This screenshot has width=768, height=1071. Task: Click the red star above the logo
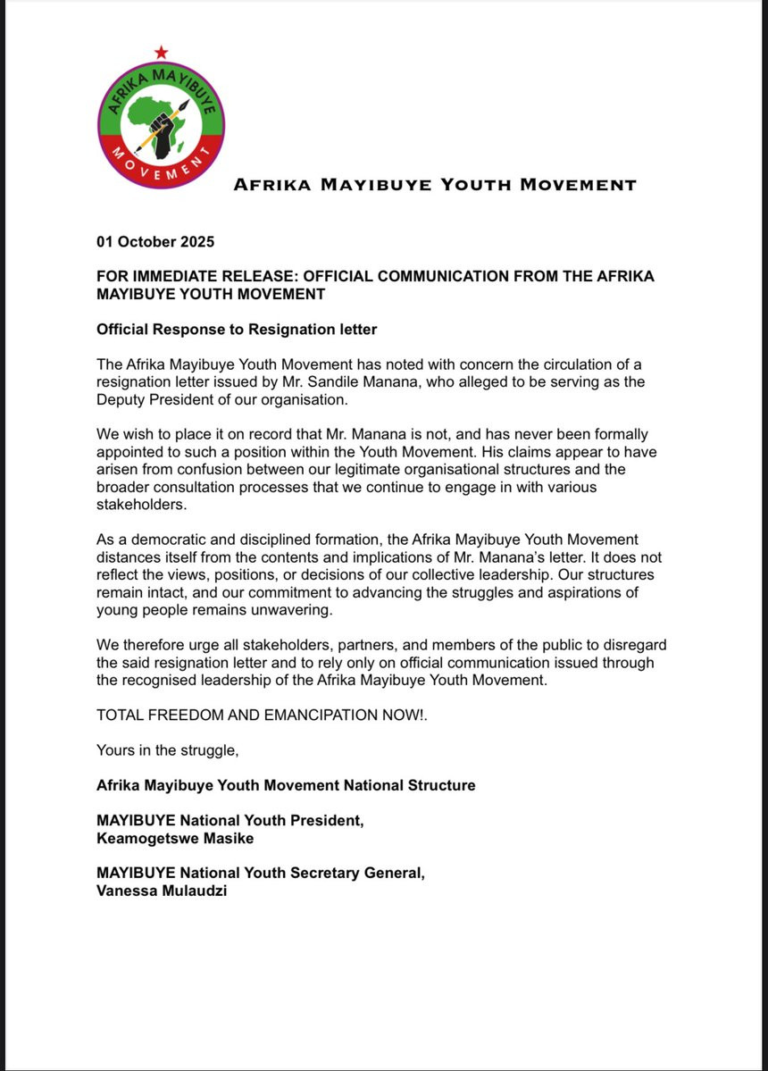[161, 52]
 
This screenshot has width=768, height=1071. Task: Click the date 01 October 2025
[155, 242]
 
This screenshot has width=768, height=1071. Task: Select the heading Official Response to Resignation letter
[237, 330]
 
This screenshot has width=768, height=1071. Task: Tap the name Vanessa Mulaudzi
[162, 891]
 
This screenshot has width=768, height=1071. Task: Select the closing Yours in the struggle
[168, 750]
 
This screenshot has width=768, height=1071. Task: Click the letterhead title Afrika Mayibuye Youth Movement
[435, 186]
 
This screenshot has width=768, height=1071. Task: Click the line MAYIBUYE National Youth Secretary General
[261, 874]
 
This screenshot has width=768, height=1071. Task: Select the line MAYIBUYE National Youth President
[230, 821]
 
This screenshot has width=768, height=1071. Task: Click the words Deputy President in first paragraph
[151, 399]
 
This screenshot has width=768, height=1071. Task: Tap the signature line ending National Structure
[286, 785]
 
